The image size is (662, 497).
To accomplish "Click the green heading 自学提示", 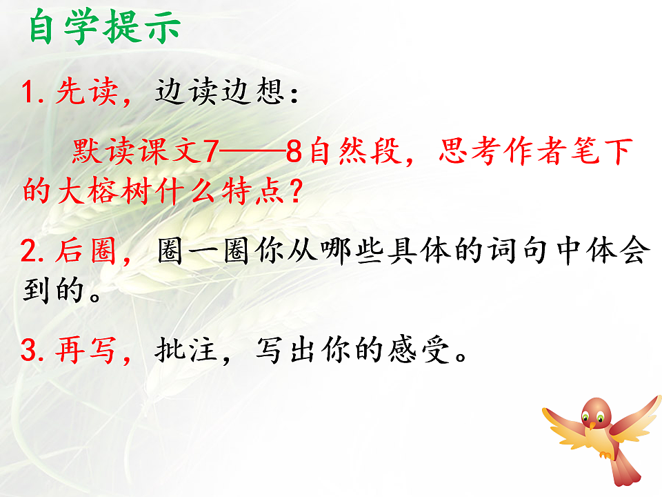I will tap(104, 28).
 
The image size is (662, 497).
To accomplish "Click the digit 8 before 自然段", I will tap(294, 153).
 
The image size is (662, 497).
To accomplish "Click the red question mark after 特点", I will tap(294, 191).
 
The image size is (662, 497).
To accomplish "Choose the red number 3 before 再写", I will tap(29, 353).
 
